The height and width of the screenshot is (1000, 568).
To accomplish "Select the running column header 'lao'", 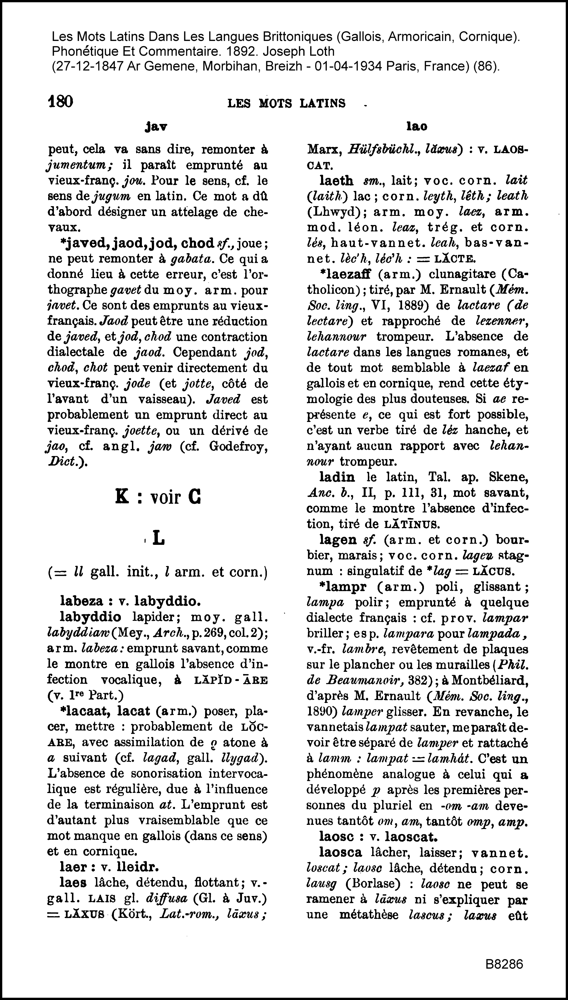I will coord(417,126).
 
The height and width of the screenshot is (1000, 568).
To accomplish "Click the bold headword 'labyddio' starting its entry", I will coord(90,617).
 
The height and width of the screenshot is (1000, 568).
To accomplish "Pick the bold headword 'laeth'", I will coord(336,180).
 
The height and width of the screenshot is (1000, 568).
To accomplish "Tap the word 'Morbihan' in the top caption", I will coord(227,66).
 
